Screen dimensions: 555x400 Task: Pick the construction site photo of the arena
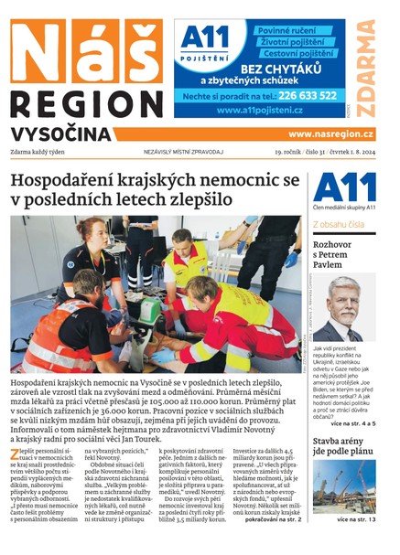(x=343, y=486)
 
